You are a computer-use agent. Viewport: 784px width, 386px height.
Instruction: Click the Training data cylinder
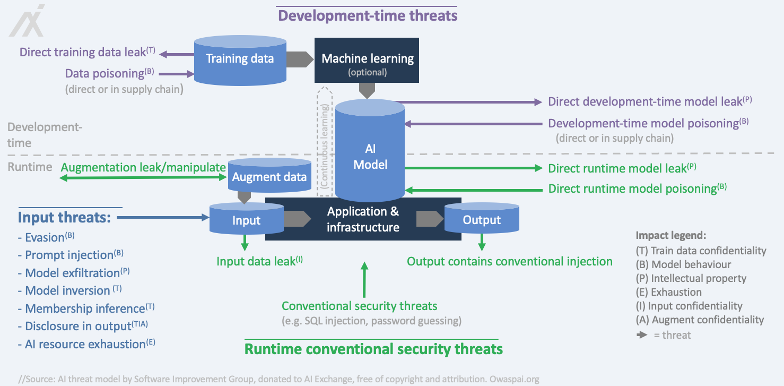[240, 58]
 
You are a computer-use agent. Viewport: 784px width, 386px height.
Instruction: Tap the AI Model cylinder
[370, 157]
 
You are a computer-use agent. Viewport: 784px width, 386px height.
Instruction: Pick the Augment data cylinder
[269, 177]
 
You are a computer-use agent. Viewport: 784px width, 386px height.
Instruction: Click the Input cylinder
[247, 220]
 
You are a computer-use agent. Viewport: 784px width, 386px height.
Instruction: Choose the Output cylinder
[481, 220]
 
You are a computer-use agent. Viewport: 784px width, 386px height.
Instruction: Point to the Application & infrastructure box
[363, 219]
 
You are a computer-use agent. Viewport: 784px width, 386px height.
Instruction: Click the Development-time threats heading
[368, 15]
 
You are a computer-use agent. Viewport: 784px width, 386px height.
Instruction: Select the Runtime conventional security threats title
[373, 349]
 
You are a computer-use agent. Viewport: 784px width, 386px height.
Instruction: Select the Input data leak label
[259, 261]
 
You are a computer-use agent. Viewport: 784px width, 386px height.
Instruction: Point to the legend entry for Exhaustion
[668, 292]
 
